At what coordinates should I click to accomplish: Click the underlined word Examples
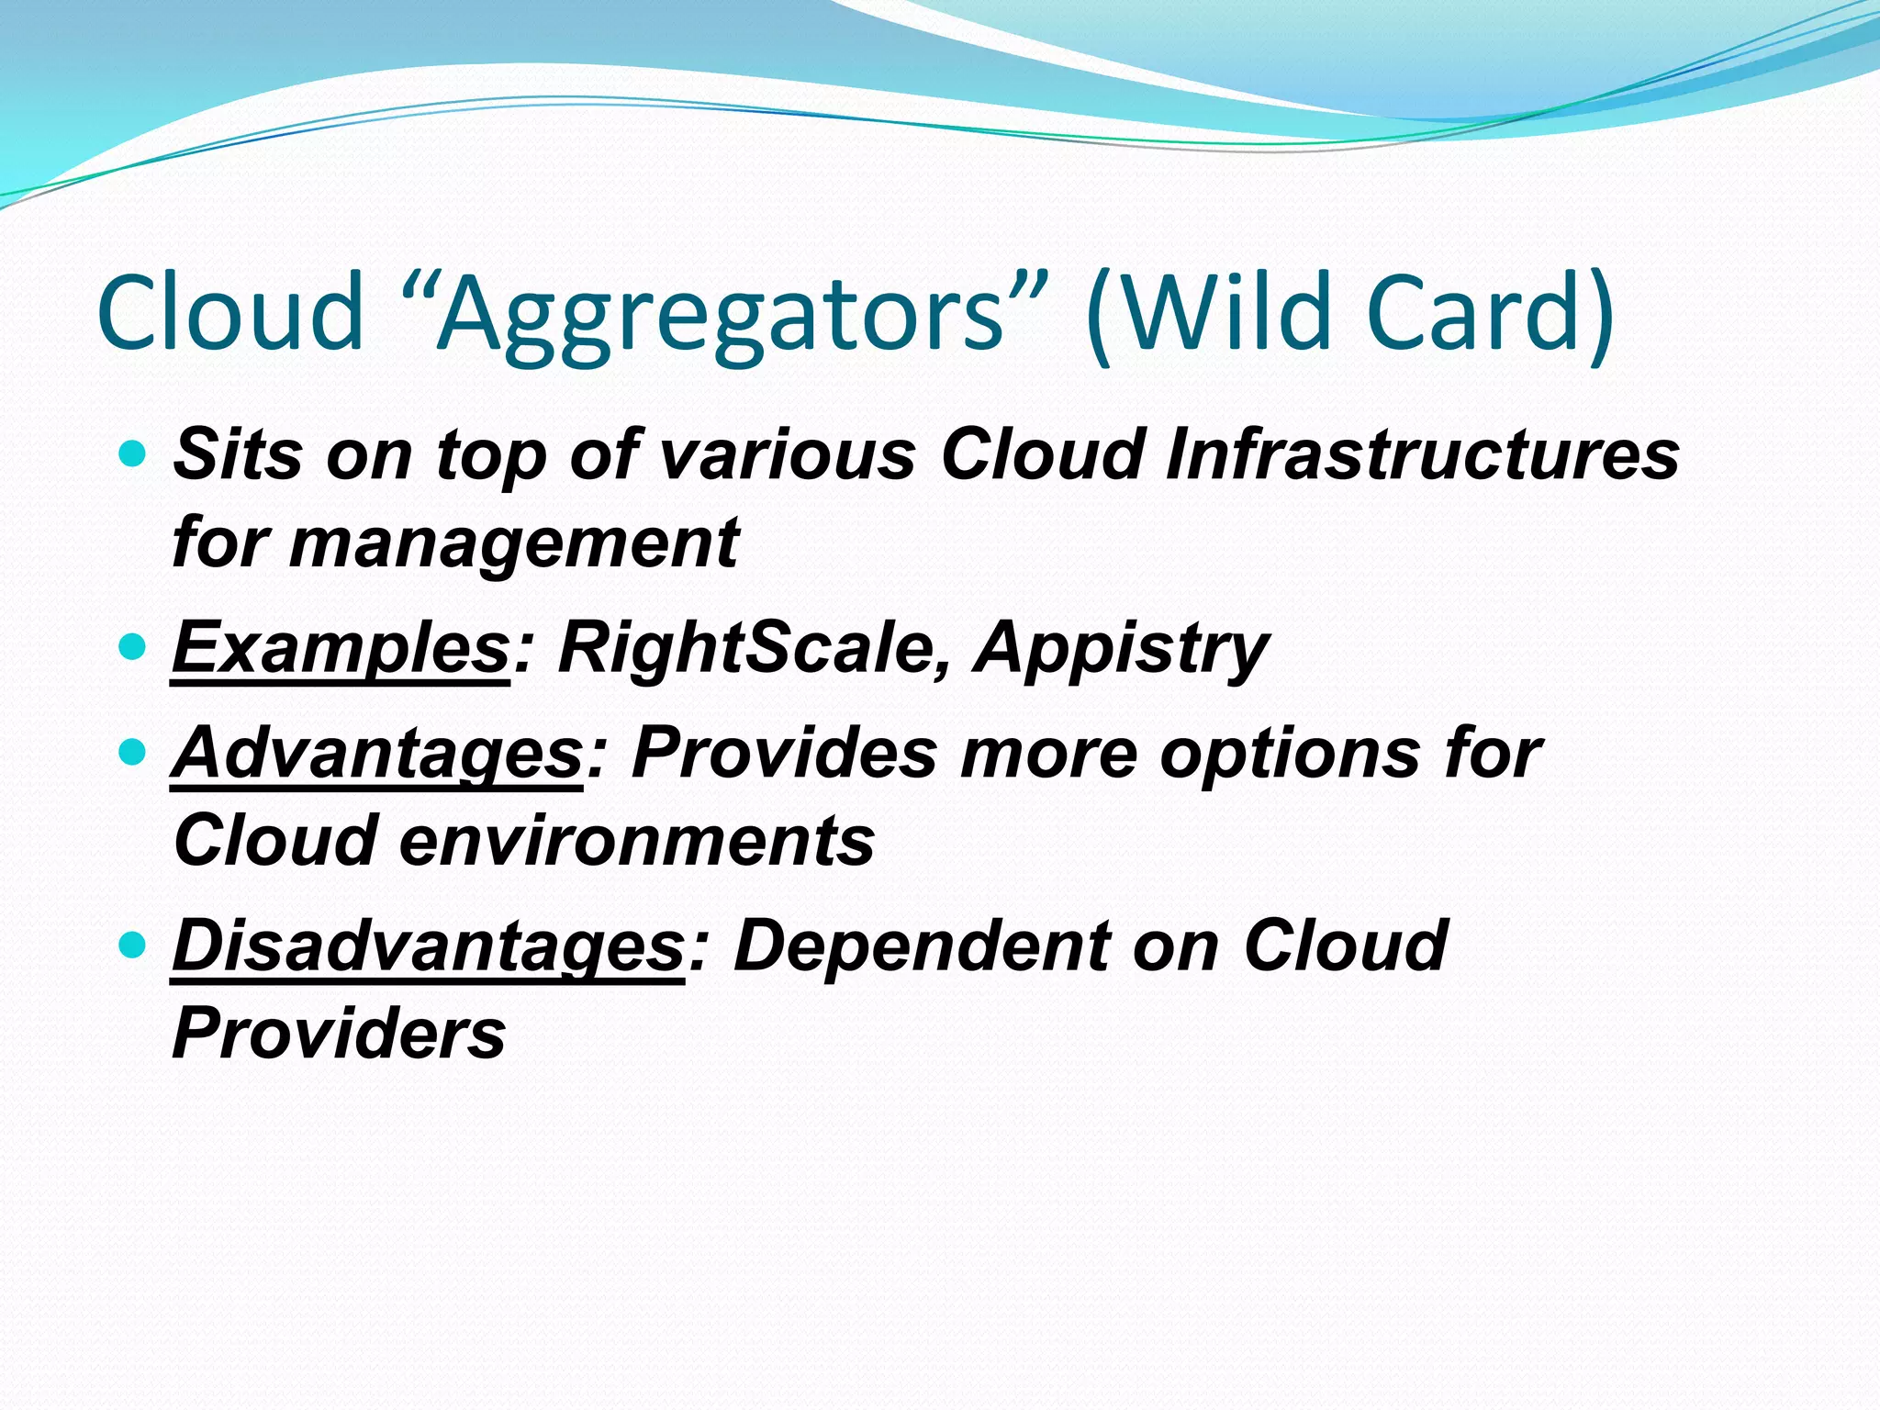341,648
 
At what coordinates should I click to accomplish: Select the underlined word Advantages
377,754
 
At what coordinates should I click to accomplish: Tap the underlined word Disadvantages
428,946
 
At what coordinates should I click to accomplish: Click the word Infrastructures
1422,454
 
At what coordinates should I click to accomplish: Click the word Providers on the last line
339,1034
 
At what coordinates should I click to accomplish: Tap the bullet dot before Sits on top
133,454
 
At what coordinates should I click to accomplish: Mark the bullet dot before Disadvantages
133,946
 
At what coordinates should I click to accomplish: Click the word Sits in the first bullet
238,454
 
